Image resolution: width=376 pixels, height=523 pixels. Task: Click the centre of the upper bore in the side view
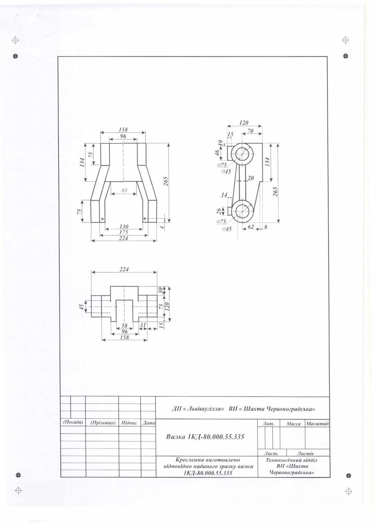[242, 154]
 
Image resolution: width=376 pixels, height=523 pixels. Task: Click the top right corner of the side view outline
[262, 143]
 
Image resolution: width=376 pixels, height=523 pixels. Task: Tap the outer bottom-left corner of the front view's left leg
[91, 222]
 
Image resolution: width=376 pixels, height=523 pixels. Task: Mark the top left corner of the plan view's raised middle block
[111, 286]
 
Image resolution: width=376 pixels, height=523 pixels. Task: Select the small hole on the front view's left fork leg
[102, 219]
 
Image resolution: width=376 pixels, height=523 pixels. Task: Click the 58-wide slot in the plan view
[124, 311]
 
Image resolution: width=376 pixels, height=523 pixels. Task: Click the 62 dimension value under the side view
[251, 227]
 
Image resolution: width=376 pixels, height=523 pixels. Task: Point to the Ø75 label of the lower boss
[221, 221]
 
